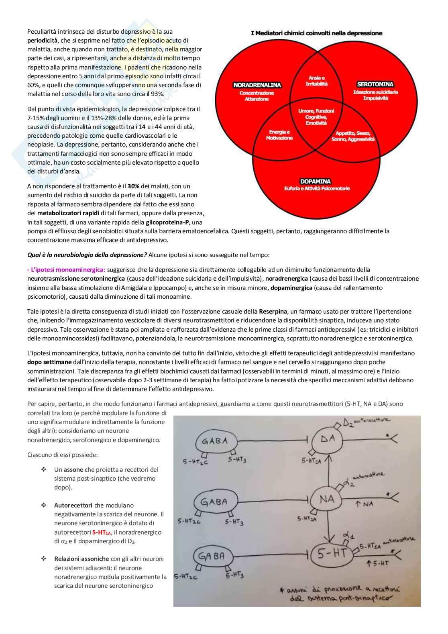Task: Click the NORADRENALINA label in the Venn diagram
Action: (x=257, y=85)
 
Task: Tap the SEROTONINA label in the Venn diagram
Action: (x=375, y=84)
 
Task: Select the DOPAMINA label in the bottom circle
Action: (x=316, y=181)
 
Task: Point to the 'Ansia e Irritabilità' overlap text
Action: (x=317, y=81)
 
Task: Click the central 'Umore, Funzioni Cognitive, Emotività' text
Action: (x=316, y=117)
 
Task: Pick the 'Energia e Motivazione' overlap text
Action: (x=279, y=135)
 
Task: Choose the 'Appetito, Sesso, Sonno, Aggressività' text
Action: (x=353, y=136)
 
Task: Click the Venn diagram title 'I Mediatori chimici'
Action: (x=316, y=33)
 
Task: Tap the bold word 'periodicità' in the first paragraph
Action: (x=43, y=41)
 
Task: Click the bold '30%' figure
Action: (x=133, y=186)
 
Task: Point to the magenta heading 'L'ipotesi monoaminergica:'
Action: (x=66, y=270)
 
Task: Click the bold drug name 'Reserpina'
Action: (x=273, y=312)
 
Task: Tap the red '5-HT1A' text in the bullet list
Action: (x=102, y=532)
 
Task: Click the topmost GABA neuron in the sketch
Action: (x=215, y=442)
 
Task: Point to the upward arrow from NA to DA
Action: (x=329, y=470)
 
